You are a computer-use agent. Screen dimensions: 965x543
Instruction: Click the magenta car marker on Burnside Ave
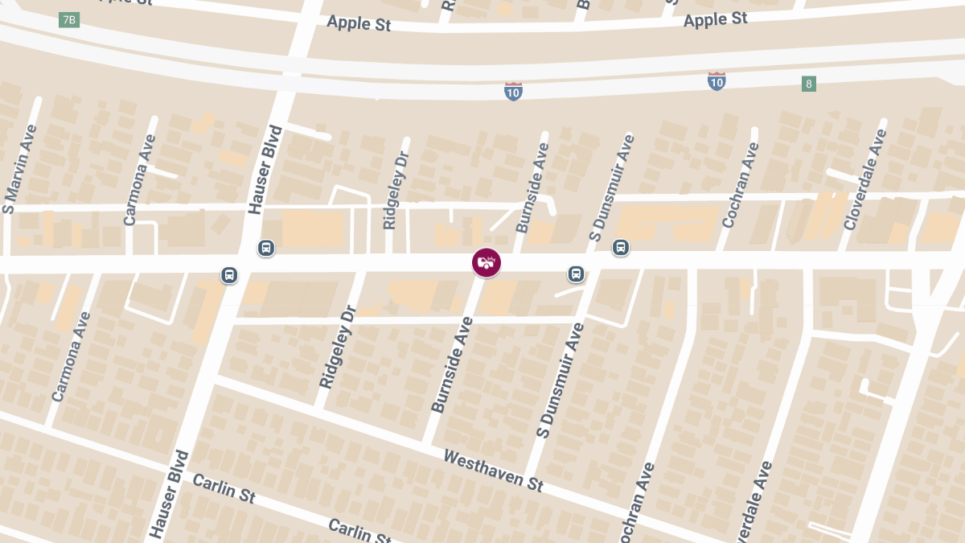point(486,262)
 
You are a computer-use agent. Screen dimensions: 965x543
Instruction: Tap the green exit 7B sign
point(69,19)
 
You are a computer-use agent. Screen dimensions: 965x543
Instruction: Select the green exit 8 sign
point(809,84)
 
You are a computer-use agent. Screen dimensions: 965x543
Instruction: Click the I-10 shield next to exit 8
point(717,80)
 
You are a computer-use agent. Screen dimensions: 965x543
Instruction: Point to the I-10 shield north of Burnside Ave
point(514,91)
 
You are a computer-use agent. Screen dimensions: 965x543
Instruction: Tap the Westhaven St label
point(494,471)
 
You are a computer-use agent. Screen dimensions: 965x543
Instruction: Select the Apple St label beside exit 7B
point(359,23)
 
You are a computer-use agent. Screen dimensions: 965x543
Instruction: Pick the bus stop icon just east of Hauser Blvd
point(266,248)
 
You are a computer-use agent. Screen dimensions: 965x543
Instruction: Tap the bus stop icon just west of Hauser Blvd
point(229,275)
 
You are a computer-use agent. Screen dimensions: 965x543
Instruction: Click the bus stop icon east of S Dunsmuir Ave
point(620,247)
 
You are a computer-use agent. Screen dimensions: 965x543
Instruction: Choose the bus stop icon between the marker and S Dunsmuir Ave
point(576,274)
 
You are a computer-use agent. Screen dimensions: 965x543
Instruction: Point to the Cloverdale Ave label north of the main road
point(865,180)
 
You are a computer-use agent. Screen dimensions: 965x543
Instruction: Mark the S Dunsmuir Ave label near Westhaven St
point(559,381)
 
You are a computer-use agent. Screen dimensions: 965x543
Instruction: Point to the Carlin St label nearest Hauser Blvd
point(224,489)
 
